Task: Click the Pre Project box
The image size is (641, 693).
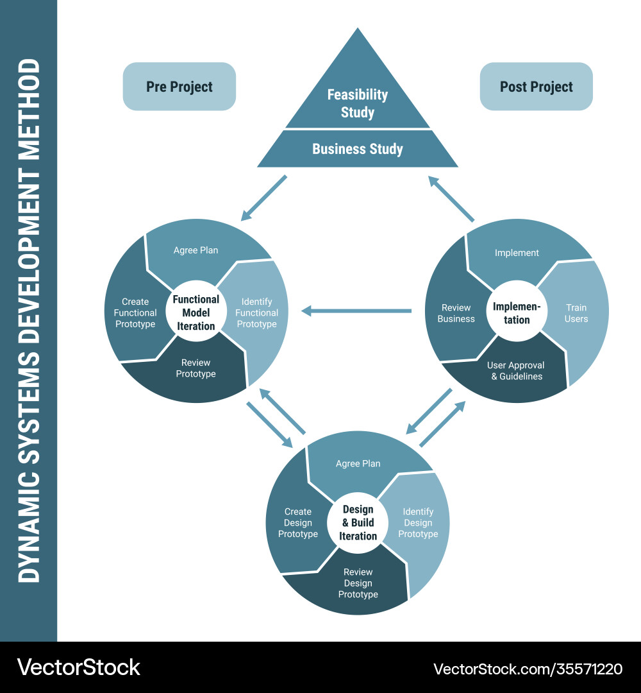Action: coord(179,87)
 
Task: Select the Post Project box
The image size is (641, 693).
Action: coord(537,87)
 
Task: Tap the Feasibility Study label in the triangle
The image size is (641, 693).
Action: coord(358,103)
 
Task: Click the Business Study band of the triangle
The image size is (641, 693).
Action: coord(358,149)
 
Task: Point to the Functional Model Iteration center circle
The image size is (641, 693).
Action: coord(196,312)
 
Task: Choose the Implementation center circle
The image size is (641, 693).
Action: coord(517,313)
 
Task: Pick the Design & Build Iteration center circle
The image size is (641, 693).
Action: coord(358,522)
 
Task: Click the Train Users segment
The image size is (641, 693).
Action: coord(576,313)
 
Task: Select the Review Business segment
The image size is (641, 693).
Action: coord(456,313)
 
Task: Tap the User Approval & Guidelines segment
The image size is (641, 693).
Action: coord(517,371)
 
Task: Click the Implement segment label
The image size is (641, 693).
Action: coord(517,253)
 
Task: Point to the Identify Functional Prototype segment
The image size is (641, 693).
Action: coord(256,313)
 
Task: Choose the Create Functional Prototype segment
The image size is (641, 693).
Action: coord(135,313)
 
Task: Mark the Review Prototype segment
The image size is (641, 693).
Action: coord(196,369)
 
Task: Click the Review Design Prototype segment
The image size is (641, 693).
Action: coord(358,583)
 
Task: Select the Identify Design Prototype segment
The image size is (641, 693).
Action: coord(418,523)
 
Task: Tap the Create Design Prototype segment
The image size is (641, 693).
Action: coord(298,523)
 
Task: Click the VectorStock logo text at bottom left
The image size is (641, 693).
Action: coord(79,667)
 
